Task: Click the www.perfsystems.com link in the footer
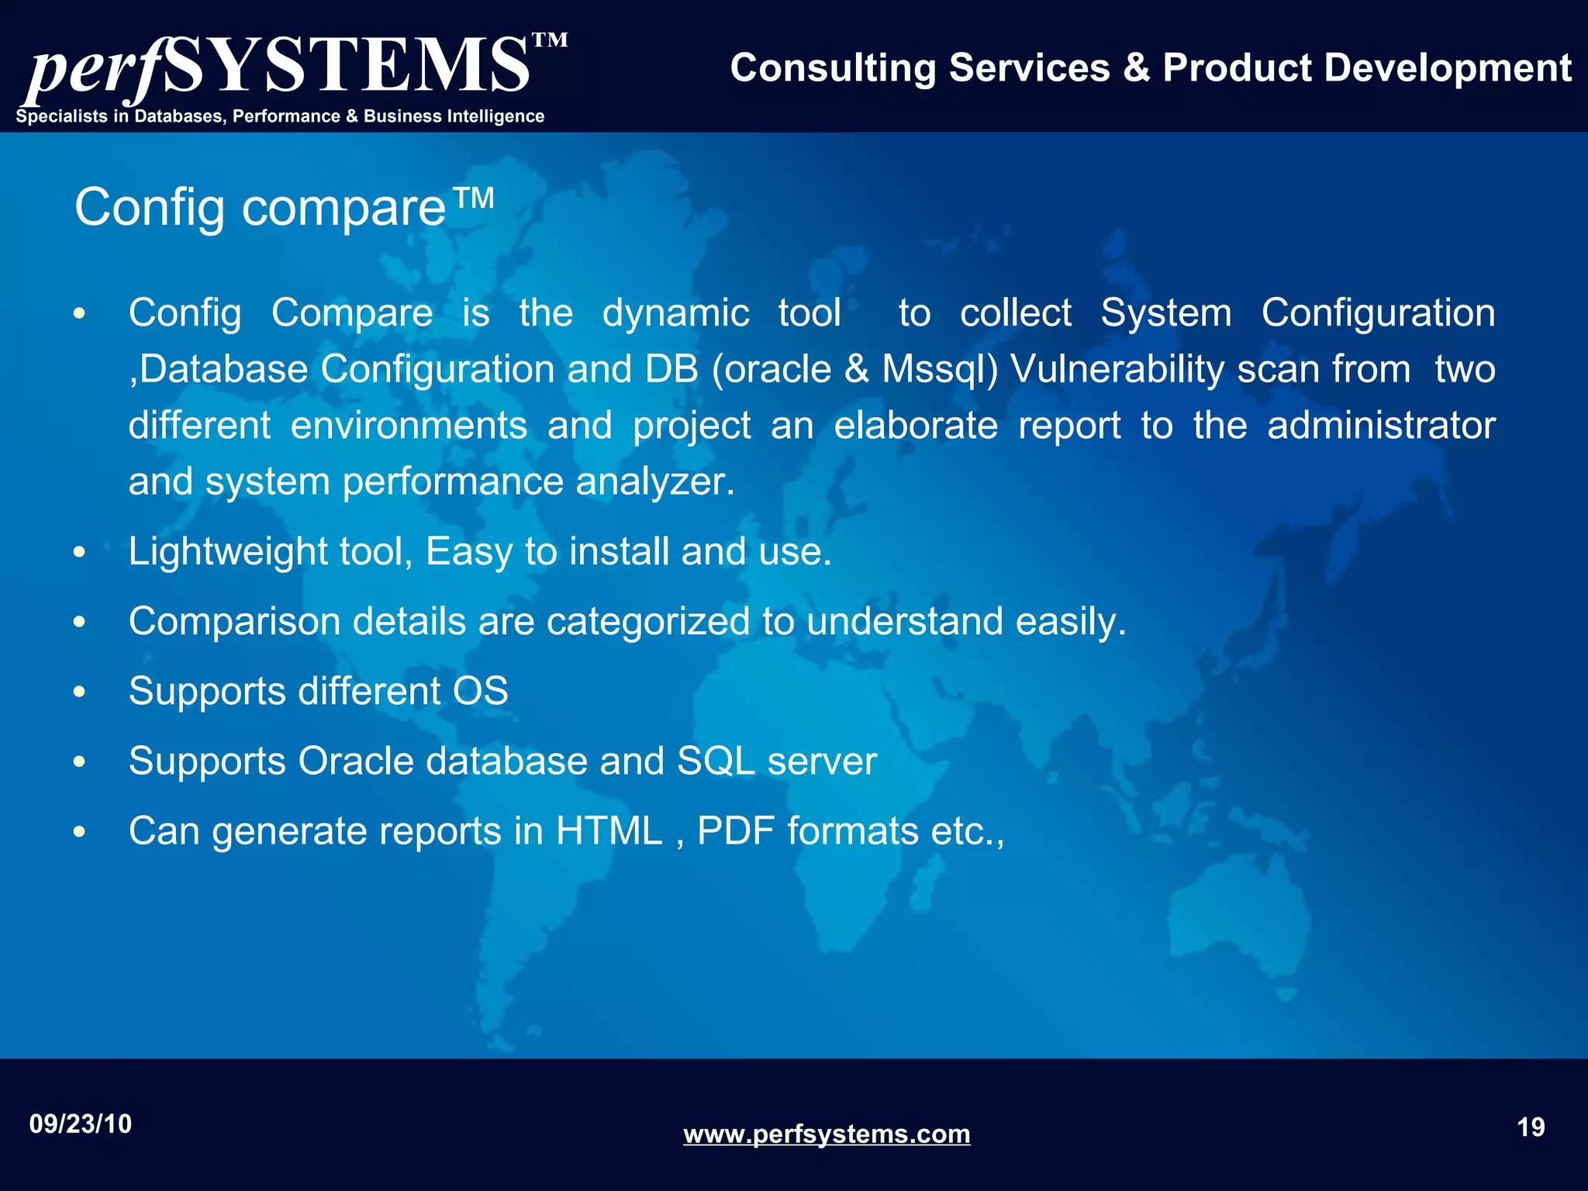[x=827, y=1134]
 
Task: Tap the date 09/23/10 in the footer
[x=81, y=1124]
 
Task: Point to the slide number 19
[x=1531, y=1127]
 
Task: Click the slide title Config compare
[x=284, y=207]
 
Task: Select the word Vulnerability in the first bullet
[x=1117, y=369]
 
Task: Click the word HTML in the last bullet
[x=609, y=831]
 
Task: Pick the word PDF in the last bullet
[x=736, y=831]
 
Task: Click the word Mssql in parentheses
[x=934, y=369]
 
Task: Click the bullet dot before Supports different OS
[x=79, y=692]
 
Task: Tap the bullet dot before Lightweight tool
[x=79, y=553]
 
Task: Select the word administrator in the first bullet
[x=1381, y=426]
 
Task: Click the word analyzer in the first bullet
[x=654, y=482]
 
